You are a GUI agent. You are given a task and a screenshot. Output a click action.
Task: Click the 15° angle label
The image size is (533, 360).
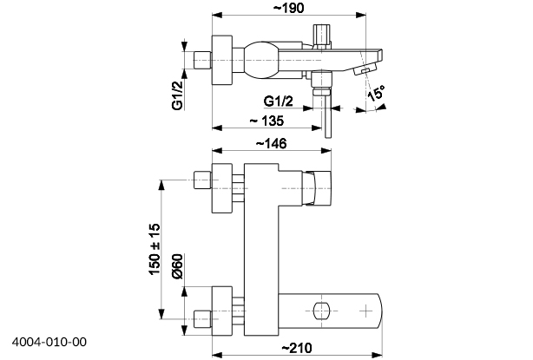(x=376, y=95)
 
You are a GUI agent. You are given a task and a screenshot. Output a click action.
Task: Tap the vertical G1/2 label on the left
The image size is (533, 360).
(x=177, y=95)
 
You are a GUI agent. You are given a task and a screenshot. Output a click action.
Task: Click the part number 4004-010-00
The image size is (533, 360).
(x=49, y=344)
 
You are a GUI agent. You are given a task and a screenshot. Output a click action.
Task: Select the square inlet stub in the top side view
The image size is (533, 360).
(x=204, y=60)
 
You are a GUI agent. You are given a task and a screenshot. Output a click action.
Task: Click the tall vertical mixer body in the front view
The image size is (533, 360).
(x=260, y=247)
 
